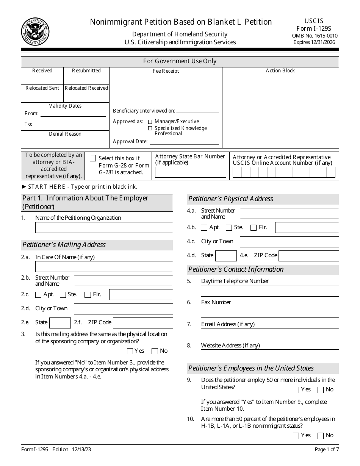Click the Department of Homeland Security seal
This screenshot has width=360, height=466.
click(x=35, y=31)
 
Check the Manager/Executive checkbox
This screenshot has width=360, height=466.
click(x=150, y=122)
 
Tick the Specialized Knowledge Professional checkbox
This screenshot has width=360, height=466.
click(x=150, y=128)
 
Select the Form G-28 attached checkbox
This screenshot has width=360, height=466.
click(x=93, y=158)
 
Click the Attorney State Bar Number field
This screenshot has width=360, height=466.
click(x=191, y=172)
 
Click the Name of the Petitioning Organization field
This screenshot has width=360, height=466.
click(x=104, y=227)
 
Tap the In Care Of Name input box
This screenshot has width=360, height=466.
click(x=104, y=266)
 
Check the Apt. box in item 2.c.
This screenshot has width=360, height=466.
click(x=38, y=295)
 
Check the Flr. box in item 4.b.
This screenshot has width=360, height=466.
click(x=254, y=228)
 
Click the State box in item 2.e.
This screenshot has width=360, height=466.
click(x=60, y=323)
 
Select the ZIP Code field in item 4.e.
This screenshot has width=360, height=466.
click(x=308, y=256)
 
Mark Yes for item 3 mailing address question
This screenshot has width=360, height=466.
click(x=130, y=351)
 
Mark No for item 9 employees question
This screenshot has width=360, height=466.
click(x=321, y=390)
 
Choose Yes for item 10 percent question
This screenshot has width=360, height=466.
click(x=296, y=436)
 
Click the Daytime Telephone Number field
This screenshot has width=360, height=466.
click(x=270, y=291)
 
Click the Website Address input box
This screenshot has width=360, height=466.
click(x=270, y=355)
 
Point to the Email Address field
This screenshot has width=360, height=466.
click(x=270, y=333)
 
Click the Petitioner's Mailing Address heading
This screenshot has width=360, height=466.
click(x=64, y=245)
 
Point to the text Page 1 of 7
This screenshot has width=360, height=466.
click(x=327, y=450)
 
